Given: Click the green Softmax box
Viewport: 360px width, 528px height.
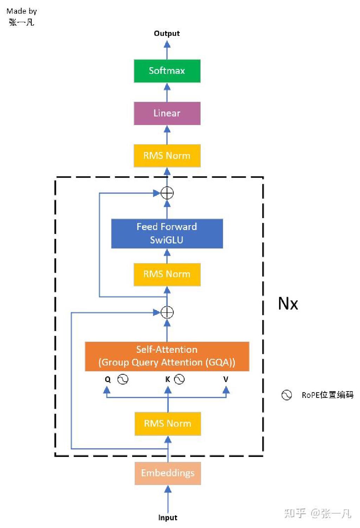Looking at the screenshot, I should click(167, 71).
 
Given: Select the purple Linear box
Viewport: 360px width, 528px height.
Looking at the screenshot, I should click(167, 113).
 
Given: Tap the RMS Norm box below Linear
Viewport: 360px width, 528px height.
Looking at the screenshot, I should click(167, 155).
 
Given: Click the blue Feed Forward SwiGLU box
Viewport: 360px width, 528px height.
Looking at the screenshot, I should click(167, 234).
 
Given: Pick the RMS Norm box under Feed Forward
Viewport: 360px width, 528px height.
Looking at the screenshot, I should click(167, 274).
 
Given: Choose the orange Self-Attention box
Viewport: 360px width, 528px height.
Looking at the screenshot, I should click(167, 356).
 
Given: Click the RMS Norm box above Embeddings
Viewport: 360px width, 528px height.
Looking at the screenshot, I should click(168, 424).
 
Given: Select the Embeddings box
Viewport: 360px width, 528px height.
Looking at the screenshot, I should click(168, 473).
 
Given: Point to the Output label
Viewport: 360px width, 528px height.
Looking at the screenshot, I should click(167, 33).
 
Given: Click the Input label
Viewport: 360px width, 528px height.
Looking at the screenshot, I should click(168, 518).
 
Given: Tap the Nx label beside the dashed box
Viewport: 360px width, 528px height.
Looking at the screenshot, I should click(288, 304).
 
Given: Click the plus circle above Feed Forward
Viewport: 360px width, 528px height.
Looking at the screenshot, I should click(167, 193).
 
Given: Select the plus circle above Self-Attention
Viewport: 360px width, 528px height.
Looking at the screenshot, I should click(167, 312).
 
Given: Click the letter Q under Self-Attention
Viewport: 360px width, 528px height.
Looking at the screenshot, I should click(108, 380).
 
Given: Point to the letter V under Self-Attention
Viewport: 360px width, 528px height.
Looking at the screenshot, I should click(226, 379).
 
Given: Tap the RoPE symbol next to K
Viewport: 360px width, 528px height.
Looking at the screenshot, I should click(179, 379).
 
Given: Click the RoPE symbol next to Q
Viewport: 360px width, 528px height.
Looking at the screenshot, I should click(123, 379).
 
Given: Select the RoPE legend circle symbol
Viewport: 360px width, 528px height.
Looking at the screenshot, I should click(287, 395).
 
